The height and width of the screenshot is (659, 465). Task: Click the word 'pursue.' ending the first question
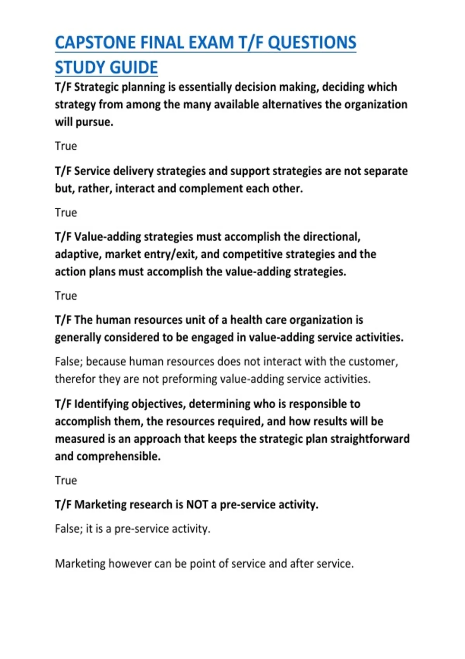click(95, 122)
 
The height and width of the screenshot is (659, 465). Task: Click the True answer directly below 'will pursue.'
click(66, 146)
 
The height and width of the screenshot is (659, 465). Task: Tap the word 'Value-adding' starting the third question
click(107, 236)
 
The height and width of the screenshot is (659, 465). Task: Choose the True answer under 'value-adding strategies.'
click(66, 296)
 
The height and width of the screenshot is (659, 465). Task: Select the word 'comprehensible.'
click(119, 456)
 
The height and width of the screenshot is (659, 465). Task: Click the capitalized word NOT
click(197, 504)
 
